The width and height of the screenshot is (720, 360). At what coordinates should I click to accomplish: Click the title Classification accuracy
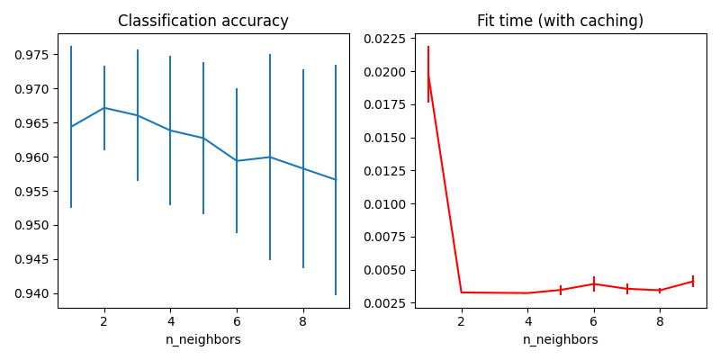[203, 21]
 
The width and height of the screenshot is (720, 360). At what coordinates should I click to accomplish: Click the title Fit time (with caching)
[560, 21]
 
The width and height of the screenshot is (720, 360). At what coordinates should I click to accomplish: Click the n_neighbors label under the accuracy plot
[203, 340]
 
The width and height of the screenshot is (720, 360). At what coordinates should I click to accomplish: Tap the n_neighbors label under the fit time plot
[560, 340]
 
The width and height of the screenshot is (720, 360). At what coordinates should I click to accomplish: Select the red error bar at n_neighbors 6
[594, 283]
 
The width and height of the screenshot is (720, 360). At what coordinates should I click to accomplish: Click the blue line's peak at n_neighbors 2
[104, 108]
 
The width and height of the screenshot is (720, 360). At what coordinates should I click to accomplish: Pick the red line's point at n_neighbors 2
[462, 292]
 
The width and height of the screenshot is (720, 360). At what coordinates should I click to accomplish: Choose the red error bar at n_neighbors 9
[693, 281]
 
